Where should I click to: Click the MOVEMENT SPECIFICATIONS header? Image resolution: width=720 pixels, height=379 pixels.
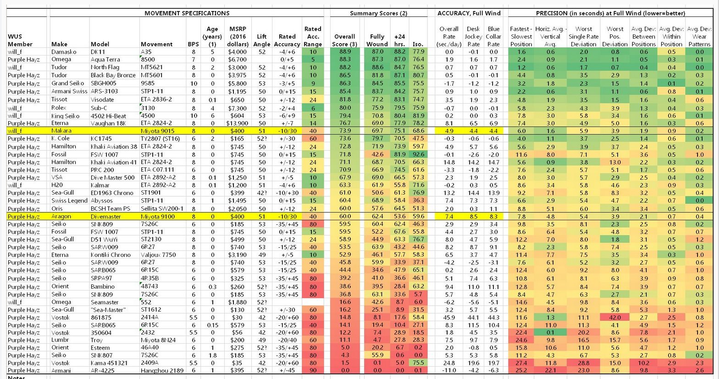pos(187,13)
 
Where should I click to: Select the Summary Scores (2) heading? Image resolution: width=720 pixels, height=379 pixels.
pos(378,13)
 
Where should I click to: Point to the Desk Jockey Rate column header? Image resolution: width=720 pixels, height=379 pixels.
pos(473,36)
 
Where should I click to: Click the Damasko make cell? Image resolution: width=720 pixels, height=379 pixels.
pos(64,52)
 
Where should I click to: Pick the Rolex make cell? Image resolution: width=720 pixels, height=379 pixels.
pos(59,108)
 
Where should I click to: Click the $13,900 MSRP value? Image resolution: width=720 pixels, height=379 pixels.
pos(237,123)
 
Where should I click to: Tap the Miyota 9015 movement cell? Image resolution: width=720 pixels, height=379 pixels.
pos(157,131)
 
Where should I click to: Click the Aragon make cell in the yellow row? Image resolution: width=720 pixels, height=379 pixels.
pos(61,216)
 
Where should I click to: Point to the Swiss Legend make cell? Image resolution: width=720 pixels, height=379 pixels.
pos(69,201)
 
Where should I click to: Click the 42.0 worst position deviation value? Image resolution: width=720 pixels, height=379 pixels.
pos(615,317)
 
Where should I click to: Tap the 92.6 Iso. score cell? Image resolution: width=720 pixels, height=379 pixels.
pos(418,155)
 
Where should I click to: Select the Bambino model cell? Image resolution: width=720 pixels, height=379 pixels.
pos(102,286)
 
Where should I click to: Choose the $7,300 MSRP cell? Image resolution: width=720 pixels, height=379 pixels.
pos(238,108)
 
